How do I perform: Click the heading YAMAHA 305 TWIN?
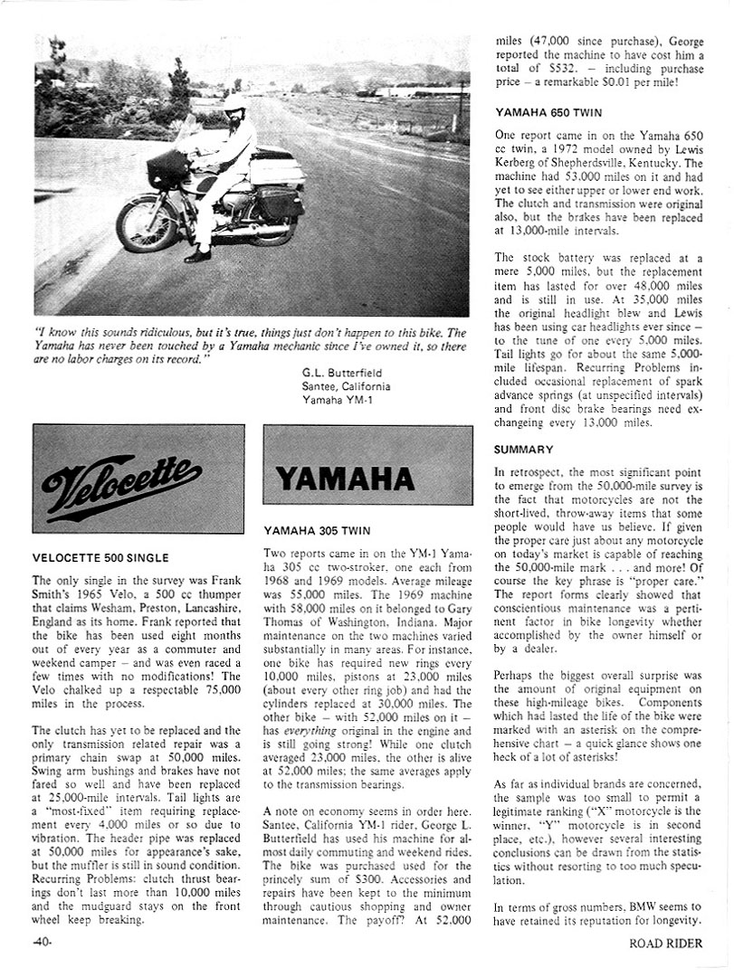click(x=317, y=530)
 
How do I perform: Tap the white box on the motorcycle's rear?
click(x=275, y=171)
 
